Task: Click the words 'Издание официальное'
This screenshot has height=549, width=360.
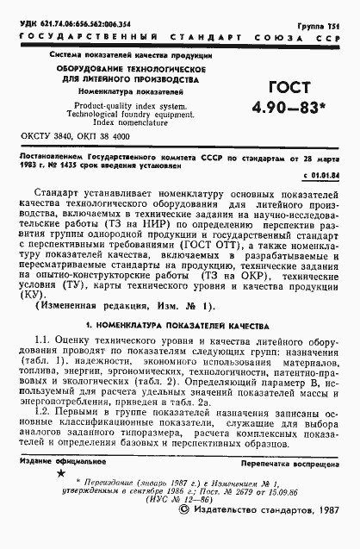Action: coord(61,487)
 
